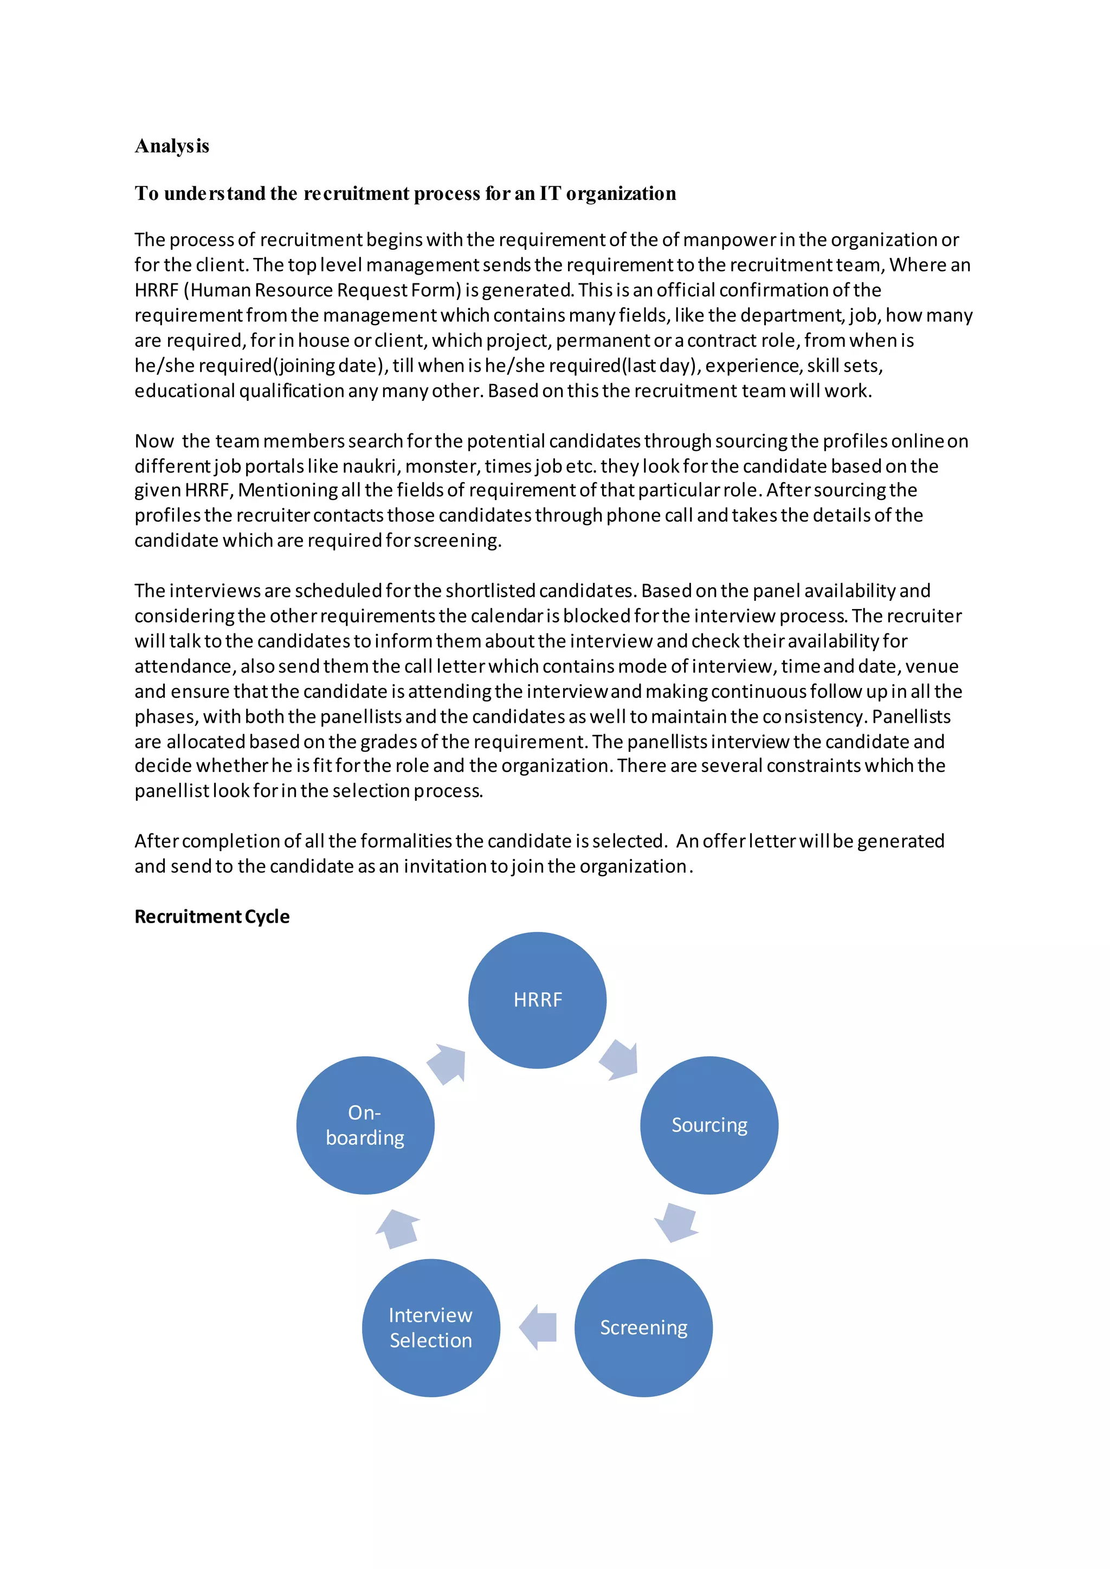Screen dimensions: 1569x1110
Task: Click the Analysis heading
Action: [172, 146]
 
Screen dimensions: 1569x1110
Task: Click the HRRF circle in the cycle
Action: [537, 1000]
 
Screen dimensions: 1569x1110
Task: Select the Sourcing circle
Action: [709, 1125]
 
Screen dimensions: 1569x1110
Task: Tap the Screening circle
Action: [643, 1327]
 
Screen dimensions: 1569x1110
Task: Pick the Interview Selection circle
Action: [430, 1327]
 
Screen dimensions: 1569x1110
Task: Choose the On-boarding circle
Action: [365, 1125]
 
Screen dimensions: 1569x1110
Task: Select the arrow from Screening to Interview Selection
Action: [538, 1327]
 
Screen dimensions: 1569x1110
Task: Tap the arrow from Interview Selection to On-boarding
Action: [398, 1229]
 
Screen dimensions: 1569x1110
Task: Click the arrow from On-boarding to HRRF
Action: [448, 1064]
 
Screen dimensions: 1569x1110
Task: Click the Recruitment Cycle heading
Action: [212, 916]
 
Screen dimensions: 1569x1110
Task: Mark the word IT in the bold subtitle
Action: [550, 193]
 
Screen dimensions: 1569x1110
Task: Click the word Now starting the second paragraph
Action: [154, 441]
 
